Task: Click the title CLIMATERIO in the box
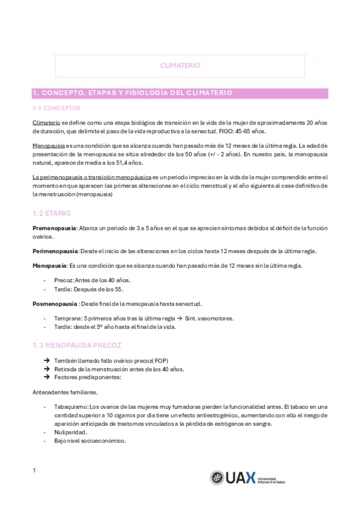pos(180,66)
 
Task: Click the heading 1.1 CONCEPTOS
pos(56,108)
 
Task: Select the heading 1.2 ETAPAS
pos(52,214)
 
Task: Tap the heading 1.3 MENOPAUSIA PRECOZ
pos(76,345)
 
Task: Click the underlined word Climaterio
pos(46,123)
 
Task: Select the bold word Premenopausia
pos(54,229)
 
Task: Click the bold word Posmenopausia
pos(55,304)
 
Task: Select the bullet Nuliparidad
pos(70,432)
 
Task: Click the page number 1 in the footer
pos(34,470)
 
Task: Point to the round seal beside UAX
pos(217,478)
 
